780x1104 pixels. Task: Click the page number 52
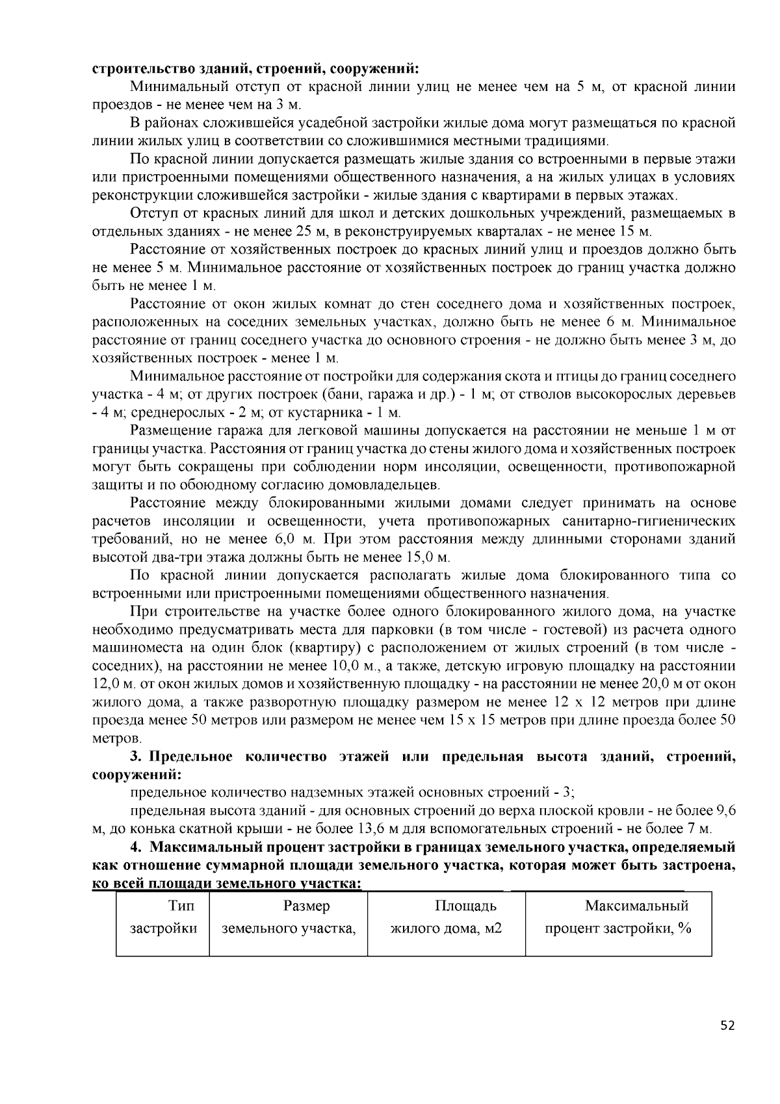pos(727,1026)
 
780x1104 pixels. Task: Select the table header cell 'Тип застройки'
pos(163,917)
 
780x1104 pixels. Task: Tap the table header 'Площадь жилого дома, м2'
pos(446,917)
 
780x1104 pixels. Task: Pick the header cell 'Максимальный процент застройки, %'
pos(618,917)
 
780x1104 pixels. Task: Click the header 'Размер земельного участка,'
pos(289,917)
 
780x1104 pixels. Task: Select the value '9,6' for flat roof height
pos(726,811)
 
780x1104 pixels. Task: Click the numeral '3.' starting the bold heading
pos(136,757)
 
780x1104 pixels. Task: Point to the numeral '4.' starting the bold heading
pos(136,847)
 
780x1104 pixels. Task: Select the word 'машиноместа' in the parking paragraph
pos(132,648)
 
